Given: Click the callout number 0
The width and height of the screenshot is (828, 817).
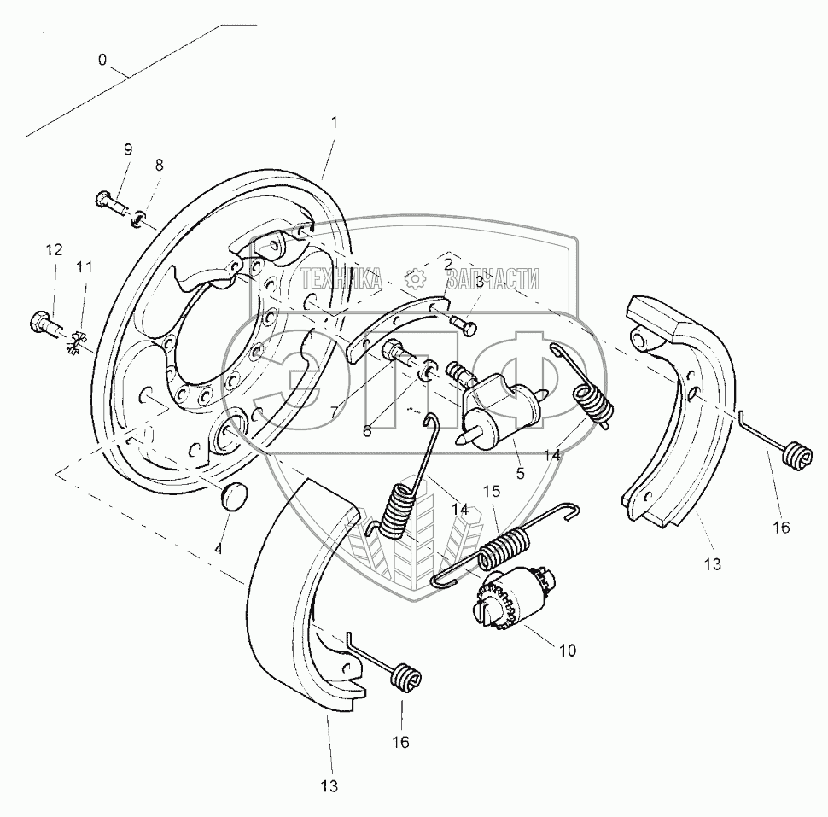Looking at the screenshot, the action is point(102,60).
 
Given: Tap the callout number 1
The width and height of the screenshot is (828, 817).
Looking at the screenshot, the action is point(334,122).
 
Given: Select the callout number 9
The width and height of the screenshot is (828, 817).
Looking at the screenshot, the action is point(128,149).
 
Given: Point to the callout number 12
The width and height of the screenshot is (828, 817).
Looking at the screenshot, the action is point(54,249).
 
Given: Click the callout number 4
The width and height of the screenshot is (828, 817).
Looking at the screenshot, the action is point(218,549).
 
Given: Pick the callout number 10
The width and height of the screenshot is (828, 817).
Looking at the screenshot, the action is point(568,651).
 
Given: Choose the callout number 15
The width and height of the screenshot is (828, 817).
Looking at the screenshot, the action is point(492,492).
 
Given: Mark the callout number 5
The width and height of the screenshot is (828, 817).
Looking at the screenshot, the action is point(520,472).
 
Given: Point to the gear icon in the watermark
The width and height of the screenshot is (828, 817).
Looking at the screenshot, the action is point(415,279).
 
